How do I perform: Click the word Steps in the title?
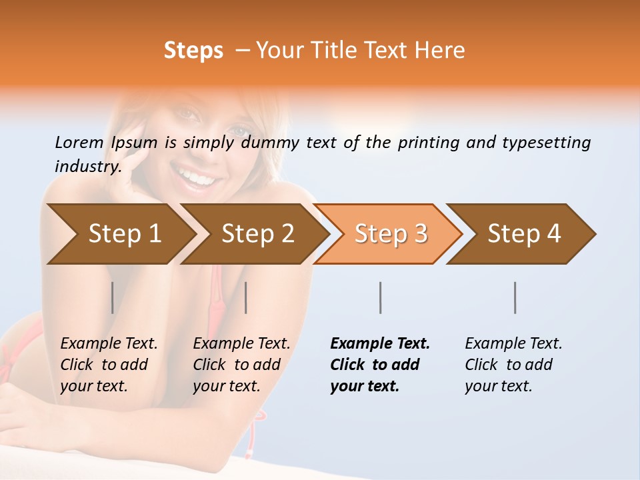[x=193, y=51]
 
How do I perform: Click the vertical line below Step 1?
[x=113, y=297]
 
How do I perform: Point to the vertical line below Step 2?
[x=246, y=297]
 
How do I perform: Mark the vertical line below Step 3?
[x=381, y=297]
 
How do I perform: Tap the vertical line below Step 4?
[x=515, y=297]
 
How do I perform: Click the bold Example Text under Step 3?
[x=380, y=365]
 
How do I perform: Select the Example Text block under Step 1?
[x=109, y=365]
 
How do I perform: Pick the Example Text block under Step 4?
[x=513, y=365]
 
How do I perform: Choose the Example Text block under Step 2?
[x=241, y=365]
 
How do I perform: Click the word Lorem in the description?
[x=79, y=143]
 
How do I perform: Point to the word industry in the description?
[x=87, y=167]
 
